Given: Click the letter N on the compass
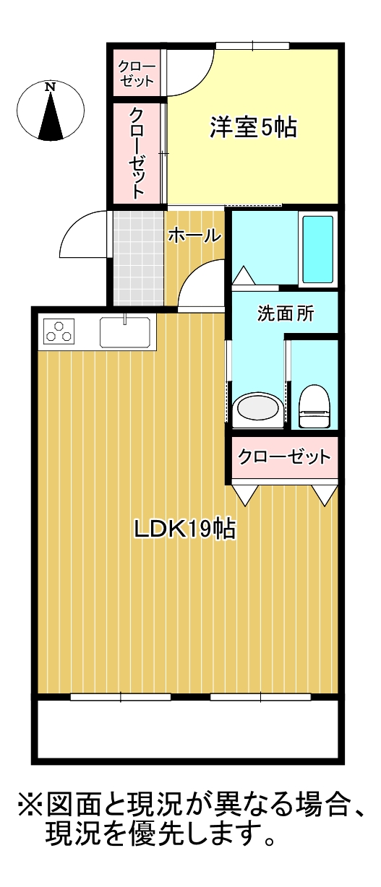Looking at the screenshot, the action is click(x=50, y=87).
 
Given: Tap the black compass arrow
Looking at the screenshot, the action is click(x=51, y=117).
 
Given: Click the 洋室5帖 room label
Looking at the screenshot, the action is click(x=253, y=128).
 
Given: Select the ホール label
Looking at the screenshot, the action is click(x=194, y=236).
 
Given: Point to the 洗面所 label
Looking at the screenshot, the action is click(x=286, y=314).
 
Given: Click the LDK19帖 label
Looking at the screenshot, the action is click(x=185, y=529).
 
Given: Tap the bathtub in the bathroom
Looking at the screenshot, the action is click(x=318, y=249).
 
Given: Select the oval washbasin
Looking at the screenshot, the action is click(x=257, y=409).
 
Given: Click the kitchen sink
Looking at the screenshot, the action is click(x=125, y=332).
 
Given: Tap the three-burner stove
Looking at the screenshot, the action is click(x=59, y=331).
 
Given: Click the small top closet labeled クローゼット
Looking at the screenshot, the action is click(x=137, y=72).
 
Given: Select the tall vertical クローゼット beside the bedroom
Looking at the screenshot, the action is click(x=137, y=153).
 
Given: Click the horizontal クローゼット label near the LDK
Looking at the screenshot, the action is click(x=284, y=457).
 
